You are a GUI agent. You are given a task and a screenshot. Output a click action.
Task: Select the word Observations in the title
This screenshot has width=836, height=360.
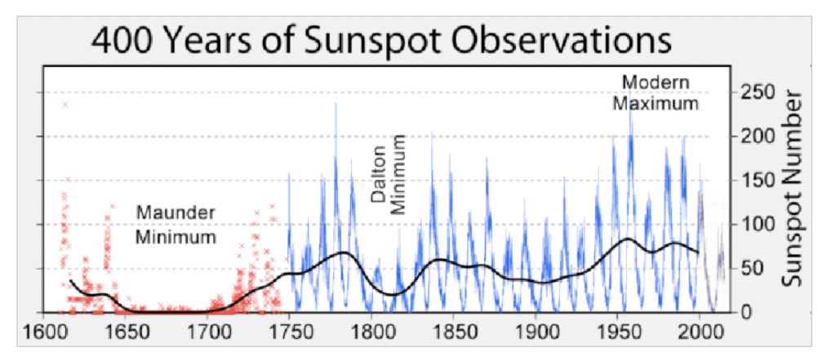click(x=553, y=40)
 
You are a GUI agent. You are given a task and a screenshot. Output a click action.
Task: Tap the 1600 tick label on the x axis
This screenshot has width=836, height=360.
click(x=45, y=332)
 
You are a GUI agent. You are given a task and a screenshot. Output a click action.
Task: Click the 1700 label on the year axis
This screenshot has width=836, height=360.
click(x=208, y=332)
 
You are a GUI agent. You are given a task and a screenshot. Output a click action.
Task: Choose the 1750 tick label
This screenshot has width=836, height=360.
click(x=290, y=332)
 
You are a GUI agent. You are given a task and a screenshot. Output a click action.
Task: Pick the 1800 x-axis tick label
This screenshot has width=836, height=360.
click(x=371, y=332)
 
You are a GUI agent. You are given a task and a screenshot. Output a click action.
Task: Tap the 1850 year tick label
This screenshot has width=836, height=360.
click(x=454, y=332)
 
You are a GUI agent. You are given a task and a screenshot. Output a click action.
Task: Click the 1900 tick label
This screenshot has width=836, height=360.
click(x=536, y=332)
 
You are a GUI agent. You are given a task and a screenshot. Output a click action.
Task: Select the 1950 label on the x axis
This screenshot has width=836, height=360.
click(x=618, y=332)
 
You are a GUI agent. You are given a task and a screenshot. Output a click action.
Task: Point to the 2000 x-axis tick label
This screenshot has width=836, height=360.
click(x=700, y=332)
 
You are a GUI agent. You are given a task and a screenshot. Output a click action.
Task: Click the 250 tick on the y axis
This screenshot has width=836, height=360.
click(x=758, y=91)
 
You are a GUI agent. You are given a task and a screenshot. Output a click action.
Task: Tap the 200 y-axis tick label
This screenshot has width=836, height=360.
click(x=758, y=136)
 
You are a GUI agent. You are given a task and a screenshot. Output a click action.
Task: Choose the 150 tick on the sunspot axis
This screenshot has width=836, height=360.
click(x=758, y=180)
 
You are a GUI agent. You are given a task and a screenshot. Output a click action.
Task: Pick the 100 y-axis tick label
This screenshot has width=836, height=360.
click(x=758, y=224)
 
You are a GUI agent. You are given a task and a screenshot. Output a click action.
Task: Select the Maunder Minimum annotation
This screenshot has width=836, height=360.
click(x=176, y=225)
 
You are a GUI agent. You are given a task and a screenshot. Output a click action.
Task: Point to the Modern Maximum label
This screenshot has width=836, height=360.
click(x=656, y=93)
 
